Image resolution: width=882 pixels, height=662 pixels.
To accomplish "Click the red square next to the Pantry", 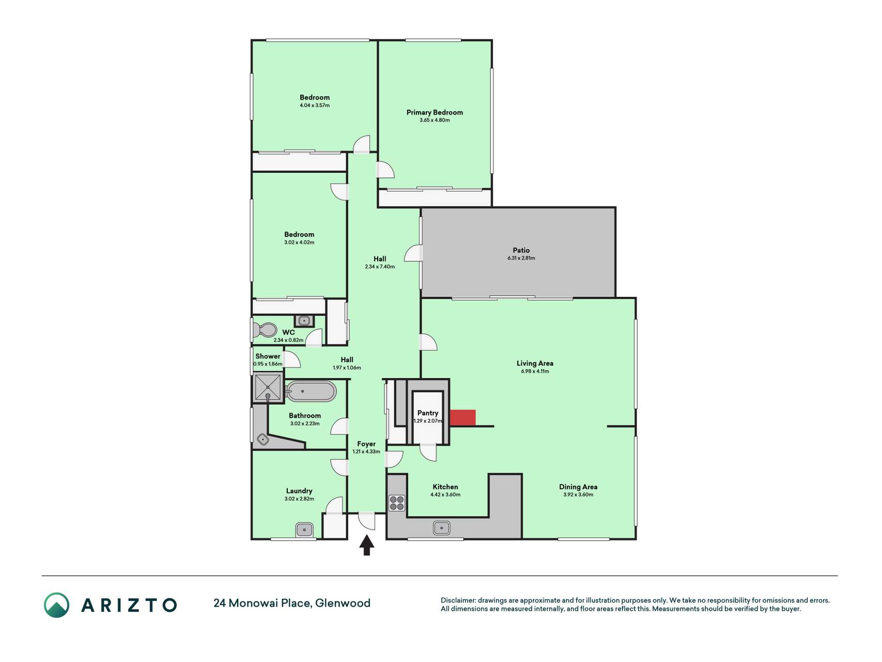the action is pyautogui.click(x=462, y=417).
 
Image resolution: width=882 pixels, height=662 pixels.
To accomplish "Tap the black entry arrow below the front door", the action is pyautogui.click(x=367, y=545).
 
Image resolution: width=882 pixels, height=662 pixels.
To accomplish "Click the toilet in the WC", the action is pyautogui.click(x=265, y=329).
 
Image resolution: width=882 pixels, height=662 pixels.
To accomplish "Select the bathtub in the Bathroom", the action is pyautogui.click(x=311, y=392).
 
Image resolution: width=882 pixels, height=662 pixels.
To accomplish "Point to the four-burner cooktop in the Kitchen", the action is pyautogui.click(x=397, y=503).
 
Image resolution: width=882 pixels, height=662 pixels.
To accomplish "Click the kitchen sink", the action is pyautogui.click(x=441, y=528).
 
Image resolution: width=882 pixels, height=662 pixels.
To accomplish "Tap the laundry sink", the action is pyautogui.click(x=304, y=530).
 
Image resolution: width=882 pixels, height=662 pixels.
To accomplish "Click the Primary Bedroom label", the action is pyautogui.click(x=435, y=112).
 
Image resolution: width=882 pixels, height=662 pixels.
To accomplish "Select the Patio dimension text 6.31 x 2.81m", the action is pyautogui.click(x=521, y=258).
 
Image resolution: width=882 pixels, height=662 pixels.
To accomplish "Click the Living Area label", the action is pyautogui.click(x=535, y=363).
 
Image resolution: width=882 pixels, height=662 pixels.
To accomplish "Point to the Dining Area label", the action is pyautogui.click(x=578, y=487).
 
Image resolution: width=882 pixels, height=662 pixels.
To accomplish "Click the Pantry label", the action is pyautogui.click(x=428, y=413).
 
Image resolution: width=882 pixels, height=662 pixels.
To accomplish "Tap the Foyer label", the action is pyautogui.click(x=366, y=444).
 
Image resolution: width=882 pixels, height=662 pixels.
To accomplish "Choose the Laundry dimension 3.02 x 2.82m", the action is pyautogui.click(x=299, y=499).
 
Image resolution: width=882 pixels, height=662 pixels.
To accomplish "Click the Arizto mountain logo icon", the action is pyautogui.click(x=56, y=605).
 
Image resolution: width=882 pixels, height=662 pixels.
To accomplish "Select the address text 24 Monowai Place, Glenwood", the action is pyautogui.click(x=292, y=603).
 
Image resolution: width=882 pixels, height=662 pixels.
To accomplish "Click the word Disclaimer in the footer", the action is pyautogui.click(x=458, y=600).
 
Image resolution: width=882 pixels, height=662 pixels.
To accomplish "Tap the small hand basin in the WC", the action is pyautogui.click(x=305, y=321).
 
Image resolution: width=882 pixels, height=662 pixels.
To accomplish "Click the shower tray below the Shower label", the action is pyautogui.click(x=268, y=388).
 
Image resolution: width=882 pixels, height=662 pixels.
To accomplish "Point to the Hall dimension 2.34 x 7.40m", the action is pyautogui.click(x=380, y=267).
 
